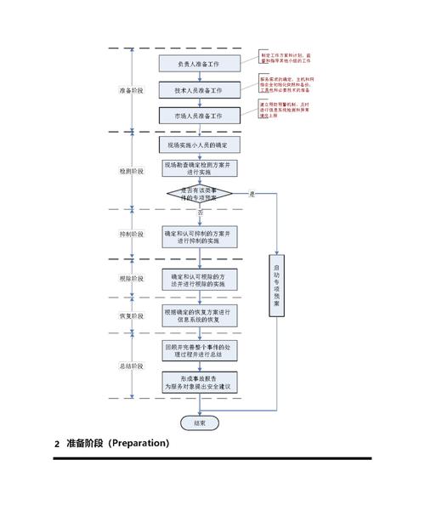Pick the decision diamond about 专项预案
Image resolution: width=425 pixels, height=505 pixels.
[x=199, y=194]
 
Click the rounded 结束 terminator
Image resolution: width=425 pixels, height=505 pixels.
[x=198, y=422]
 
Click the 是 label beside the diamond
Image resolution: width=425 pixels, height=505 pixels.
[x=252, y=195]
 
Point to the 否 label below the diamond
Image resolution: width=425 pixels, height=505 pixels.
[x=201, y=212]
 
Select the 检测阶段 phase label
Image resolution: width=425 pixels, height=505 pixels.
[x=131, y=171]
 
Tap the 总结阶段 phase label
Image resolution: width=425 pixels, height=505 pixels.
[x=131, y=365]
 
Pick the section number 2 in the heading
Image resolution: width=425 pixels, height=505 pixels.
[x=56, y=444]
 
